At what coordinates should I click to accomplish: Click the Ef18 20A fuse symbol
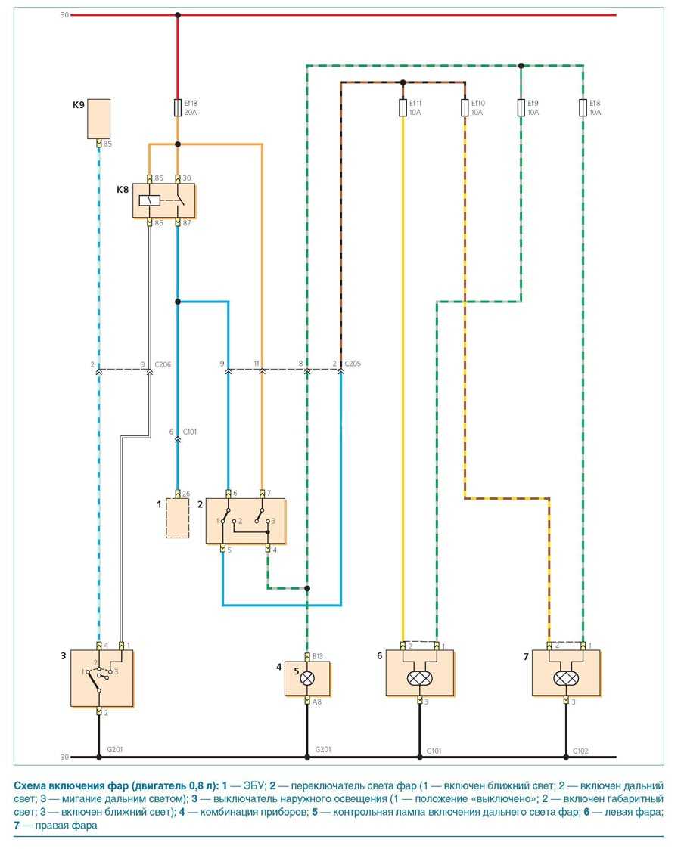point(177,108)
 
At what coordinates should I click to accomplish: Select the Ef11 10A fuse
point(403,108)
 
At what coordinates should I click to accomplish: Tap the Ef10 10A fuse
point(464,108)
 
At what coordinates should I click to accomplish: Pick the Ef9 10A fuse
point(521,108)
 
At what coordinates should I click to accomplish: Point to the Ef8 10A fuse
point(583,108)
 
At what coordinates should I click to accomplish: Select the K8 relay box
point(163,200)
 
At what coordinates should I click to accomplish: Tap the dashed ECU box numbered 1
point(177,518)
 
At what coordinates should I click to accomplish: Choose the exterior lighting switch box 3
point(102,677)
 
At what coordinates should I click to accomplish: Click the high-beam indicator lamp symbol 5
point(307,678)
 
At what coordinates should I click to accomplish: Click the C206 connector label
point(163,364)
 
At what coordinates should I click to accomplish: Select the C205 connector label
point(353,364)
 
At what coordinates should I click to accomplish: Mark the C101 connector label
point(190,432)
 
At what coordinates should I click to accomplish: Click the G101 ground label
point(434,751)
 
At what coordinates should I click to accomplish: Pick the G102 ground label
point(580,751)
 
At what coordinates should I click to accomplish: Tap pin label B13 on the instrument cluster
point(318,656)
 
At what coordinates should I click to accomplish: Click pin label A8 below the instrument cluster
point(317,702)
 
